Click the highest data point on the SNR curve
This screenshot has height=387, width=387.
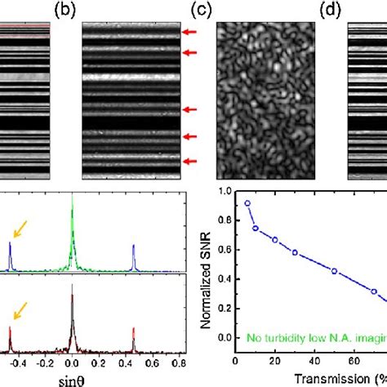pyautogui.click(x=248, y=203)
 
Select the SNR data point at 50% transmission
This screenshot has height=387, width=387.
pyautogui.click(x=334, y=270)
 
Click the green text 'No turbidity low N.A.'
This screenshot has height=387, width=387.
pyautogui.click(x=310, y=334)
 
